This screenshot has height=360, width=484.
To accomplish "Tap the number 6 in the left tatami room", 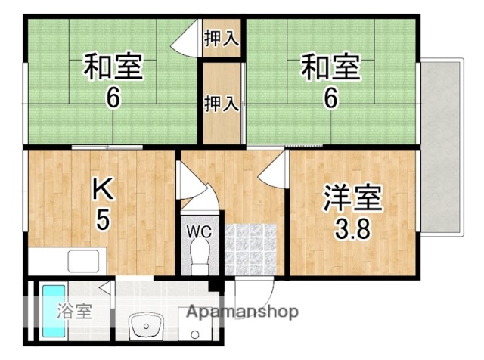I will (x=112, y=99).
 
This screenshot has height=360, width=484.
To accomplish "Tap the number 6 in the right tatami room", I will (x=330, y=99).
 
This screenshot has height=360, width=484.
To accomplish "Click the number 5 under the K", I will (x=103, y=220).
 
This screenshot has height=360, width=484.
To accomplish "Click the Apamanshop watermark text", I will (x=242, y=312).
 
